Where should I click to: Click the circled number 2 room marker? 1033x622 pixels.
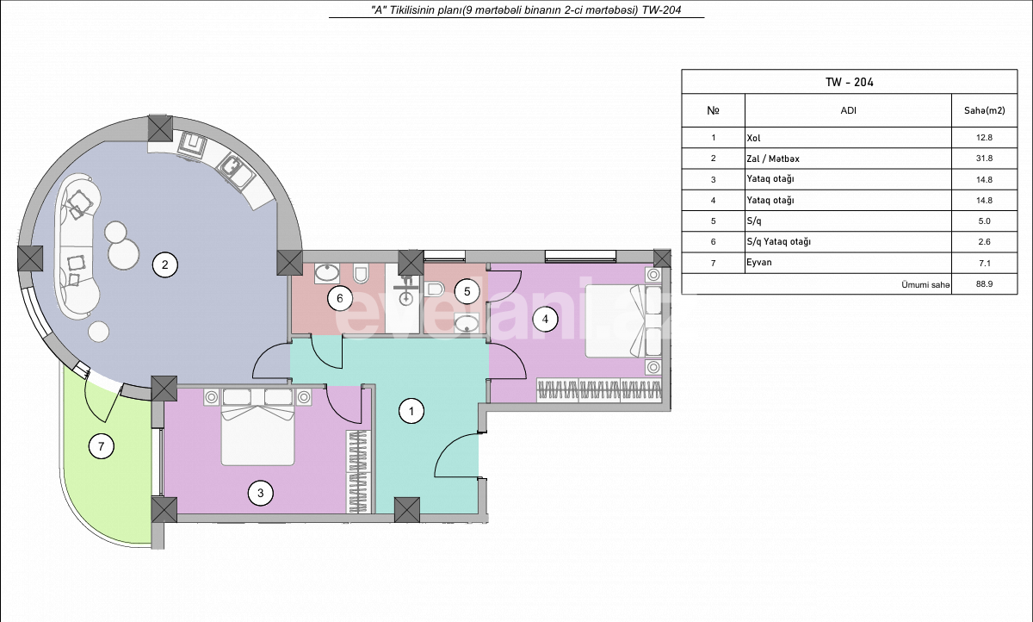tap(164, 265)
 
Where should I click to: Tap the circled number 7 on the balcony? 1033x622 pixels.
tap(102, 446)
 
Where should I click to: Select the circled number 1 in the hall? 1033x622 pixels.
tap(412, 412)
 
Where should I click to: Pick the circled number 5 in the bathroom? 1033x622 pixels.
tap(467, 291)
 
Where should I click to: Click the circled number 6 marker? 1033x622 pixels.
tap(340, 299)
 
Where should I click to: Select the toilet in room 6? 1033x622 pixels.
tap(362, 275)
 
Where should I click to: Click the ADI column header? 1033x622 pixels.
tap(848, 110)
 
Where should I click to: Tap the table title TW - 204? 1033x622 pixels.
tap(850, 82)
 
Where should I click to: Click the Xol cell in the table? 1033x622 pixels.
tap(755, 138)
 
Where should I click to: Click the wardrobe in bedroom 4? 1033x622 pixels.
tap(599, 389)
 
